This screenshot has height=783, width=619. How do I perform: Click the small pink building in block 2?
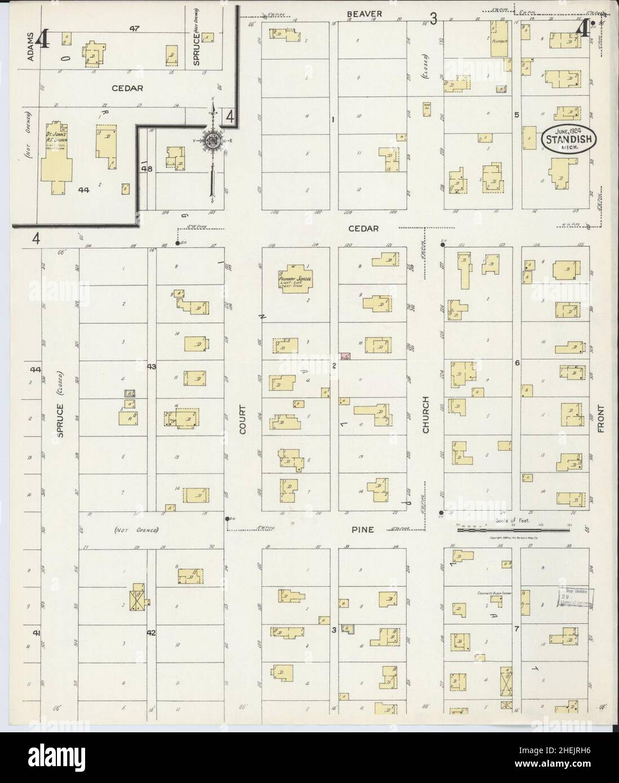tap(345, 357)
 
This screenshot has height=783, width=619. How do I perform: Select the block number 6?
tap(516, 363)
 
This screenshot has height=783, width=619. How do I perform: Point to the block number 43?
tap(151, 367)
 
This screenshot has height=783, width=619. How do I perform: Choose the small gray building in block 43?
tap(129, 393)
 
